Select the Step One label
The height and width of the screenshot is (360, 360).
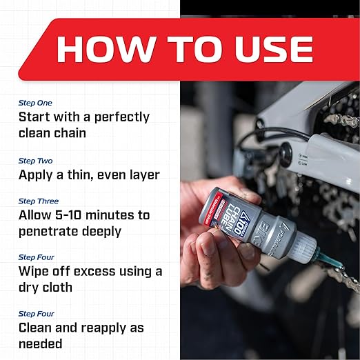point(34,103)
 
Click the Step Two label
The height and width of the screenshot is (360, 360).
point(34,161)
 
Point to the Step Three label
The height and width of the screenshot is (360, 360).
point(38,201)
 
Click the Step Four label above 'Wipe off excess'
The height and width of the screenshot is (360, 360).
point(36,257)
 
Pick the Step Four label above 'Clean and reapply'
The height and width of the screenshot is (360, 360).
point(36,314)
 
